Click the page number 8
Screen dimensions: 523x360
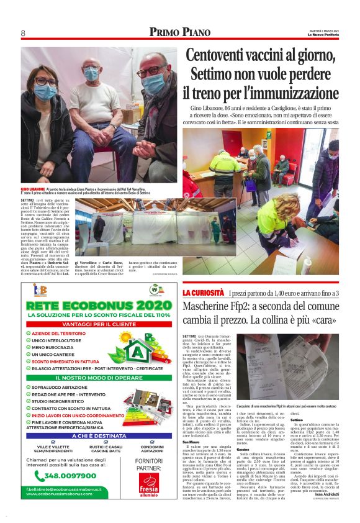pos(23,33)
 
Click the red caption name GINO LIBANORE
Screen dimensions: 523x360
pos(33,188)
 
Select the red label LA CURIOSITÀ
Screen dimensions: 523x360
pos(202,293)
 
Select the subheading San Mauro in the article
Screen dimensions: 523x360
pos(190,424)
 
